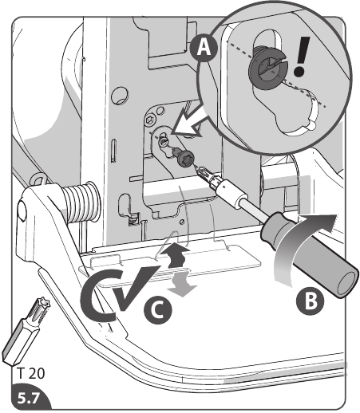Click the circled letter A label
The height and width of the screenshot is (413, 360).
tap(205, 48)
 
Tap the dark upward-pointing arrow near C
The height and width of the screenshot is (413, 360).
tap(180, 255)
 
